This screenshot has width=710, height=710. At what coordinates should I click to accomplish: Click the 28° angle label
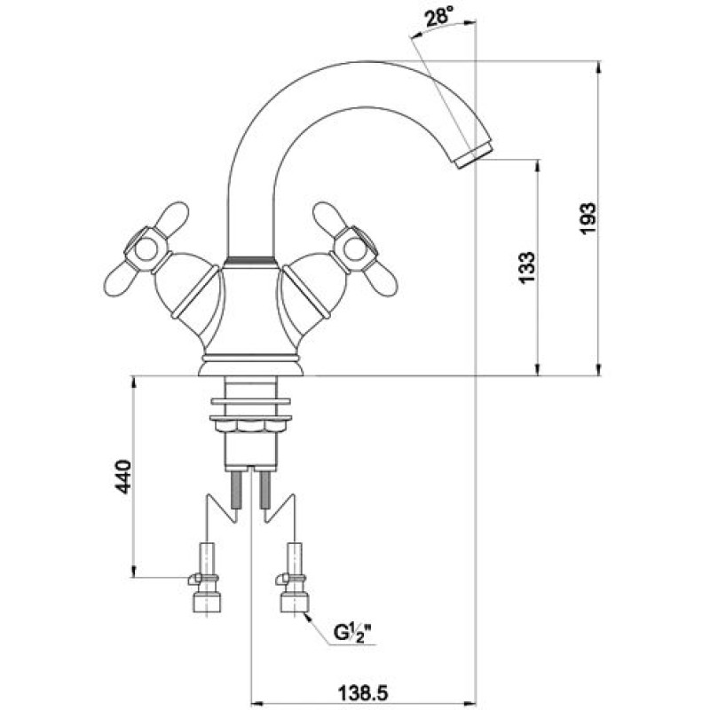(x=439, y=18)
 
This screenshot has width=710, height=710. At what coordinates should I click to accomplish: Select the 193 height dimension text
(x=588, y=218)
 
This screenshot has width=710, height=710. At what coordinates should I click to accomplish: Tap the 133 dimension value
(x=527, y=267)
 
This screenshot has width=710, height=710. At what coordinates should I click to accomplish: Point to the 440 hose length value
(x=122, y=477)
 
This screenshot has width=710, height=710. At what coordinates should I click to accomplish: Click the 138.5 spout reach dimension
(x=363, y=692)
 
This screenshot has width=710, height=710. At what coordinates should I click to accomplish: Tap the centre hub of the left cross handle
(x=146, y=250)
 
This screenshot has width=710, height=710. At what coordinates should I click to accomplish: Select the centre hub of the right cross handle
(x=354, y=249)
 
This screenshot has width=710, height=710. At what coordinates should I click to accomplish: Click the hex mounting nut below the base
(x=250, y=426)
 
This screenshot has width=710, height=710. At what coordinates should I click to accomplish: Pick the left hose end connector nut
(x=207, y=603)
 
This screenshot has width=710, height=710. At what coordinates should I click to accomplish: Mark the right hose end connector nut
(x=295, y=603)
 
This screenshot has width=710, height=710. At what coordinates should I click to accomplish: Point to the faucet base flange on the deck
(x=250, y=367)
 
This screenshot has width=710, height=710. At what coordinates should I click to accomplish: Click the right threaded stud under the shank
(x=264, y=489)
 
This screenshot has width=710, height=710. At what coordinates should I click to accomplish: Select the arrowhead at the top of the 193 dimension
(x=598, y=67)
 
